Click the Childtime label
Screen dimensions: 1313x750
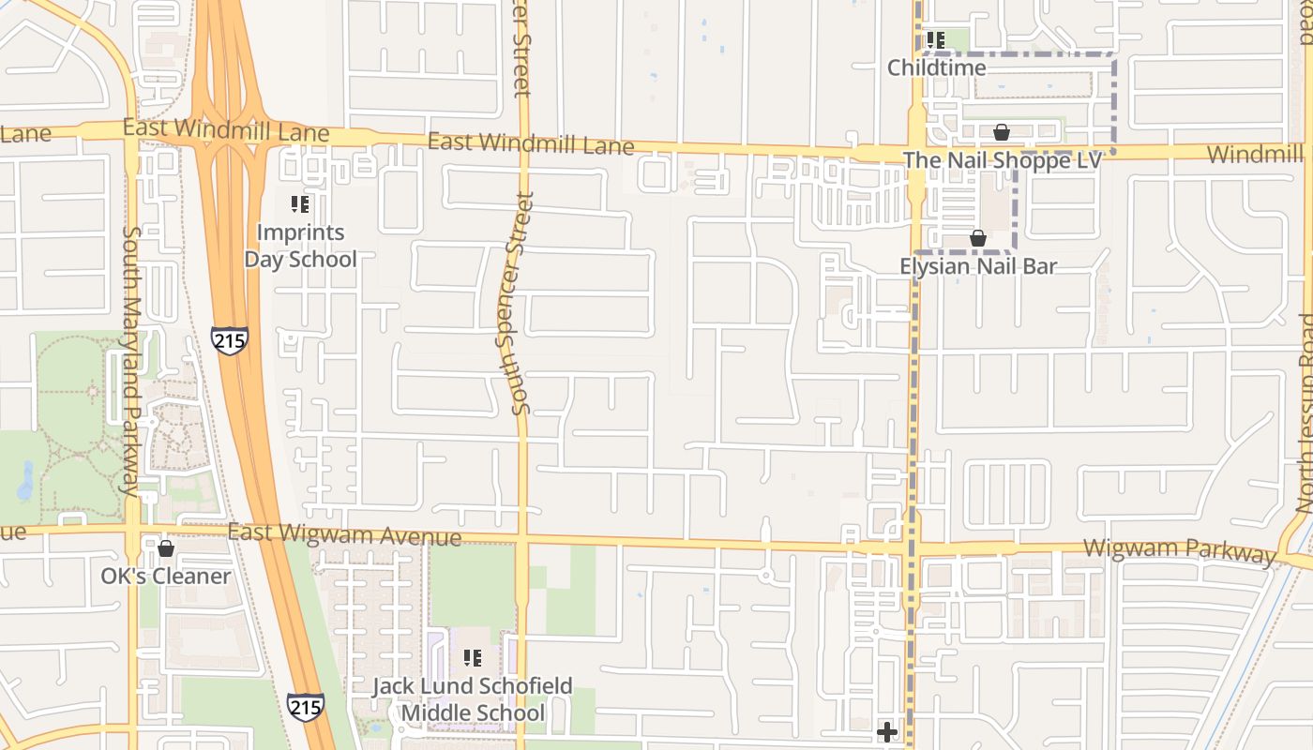[937, 67]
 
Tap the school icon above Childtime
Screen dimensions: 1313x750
[935, 40]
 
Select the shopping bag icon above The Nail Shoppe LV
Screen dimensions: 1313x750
[1002, 132]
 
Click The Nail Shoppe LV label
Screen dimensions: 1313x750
[1002, 160]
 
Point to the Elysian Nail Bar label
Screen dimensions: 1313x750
[978, 266]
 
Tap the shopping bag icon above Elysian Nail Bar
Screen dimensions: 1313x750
[978, 238]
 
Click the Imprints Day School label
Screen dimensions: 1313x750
[300, 246]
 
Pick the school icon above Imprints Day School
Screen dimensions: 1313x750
[300, 203]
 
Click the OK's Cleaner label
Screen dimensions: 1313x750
[166, 576]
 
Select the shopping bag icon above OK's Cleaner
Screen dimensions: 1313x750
[166, 548]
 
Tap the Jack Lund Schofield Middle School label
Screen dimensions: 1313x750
[473, 699]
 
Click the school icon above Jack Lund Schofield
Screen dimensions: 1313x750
[473, 658]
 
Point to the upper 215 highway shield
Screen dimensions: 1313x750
[230, 339]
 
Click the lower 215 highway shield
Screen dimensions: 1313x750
[306, 707]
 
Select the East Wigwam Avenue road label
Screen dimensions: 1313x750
[344, 534]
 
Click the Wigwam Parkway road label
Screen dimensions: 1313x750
[1179, 550]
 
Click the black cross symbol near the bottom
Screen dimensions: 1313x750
[886, 731]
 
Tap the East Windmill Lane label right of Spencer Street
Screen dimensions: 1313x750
[531, 143]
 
